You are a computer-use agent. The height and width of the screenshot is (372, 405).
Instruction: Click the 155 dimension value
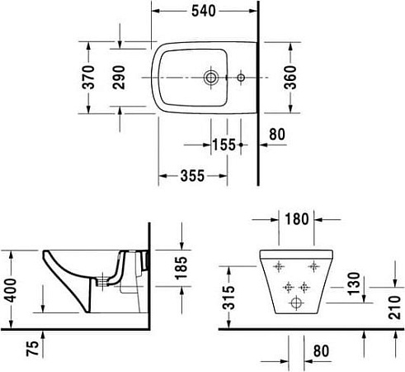click(x=224, y=144)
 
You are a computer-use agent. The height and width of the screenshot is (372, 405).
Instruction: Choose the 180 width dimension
click(x=296, y=220)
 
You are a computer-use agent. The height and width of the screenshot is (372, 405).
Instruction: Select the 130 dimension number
click(x=354, y=282)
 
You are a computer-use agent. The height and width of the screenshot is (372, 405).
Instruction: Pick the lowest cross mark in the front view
click(x=294, y=304)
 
